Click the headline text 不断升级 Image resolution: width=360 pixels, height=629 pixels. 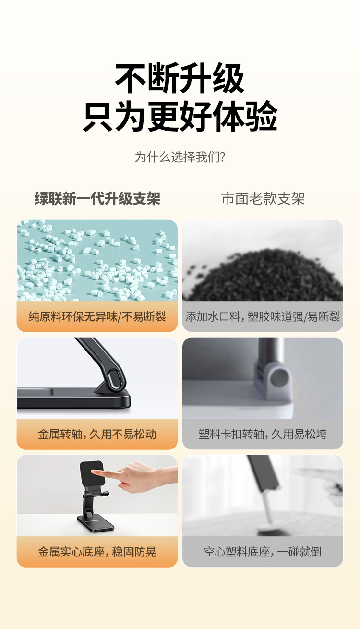click(180, 78)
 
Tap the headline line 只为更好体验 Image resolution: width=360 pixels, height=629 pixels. click(180, 116)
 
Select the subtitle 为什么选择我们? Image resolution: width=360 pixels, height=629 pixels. click(180, 157)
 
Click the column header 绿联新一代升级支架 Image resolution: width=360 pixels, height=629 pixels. click(97, 198)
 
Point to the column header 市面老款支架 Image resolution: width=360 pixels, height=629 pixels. click(263, 198)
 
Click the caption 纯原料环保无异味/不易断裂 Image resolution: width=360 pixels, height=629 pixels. click(97, 316)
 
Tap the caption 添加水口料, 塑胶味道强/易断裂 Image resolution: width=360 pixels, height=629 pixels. click(263, 316)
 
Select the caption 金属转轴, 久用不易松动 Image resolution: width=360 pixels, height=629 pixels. click(97, 434)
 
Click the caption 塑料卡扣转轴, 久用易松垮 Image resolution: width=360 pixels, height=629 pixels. click(263, 434)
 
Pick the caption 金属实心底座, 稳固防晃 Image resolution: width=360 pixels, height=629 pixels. click(97, 552)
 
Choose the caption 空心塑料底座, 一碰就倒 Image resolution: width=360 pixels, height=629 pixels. click(263, 552)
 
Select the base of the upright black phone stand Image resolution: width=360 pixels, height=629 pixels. click(96, 524)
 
